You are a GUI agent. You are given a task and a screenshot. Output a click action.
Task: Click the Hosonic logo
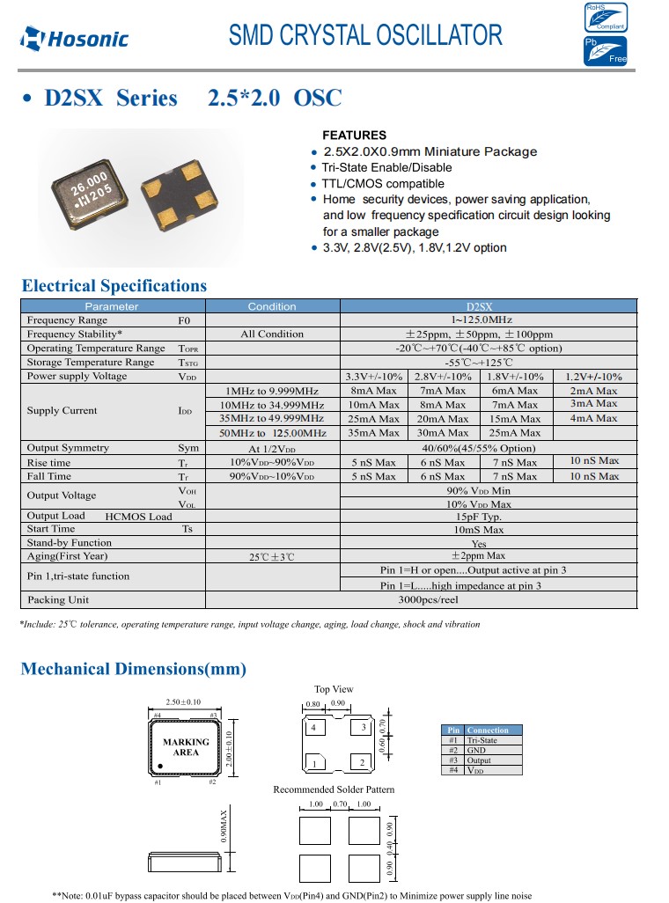click(x=76, y=38)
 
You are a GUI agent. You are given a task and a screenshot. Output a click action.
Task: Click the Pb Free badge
click(x=607, y=51)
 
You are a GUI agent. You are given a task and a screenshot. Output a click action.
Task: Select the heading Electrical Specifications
click(x=114, y=285)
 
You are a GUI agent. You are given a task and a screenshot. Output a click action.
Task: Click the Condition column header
click(x=272, y=306)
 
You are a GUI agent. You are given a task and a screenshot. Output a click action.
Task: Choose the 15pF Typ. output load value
click(x=478, y=517)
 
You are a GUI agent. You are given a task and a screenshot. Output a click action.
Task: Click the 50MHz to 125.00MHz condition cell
click(x=272, y=433)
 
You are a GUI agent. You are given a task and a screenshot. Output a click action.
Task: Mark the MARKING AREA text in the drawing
click(x=186, y=747)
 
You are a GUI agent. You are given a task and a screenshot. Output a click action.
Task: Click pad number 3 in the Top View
click(x=362, y=728)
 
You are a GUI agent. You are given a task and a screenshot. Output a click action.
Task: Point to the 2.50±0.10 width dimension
click(x=183, y=702)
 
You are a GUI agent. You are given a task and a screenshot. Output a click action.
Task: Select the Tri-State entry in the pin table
click(x=482, y=740)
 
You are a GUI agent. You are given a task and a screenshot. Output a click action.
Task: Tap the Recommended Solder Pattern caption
click(x=334, y=789)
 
